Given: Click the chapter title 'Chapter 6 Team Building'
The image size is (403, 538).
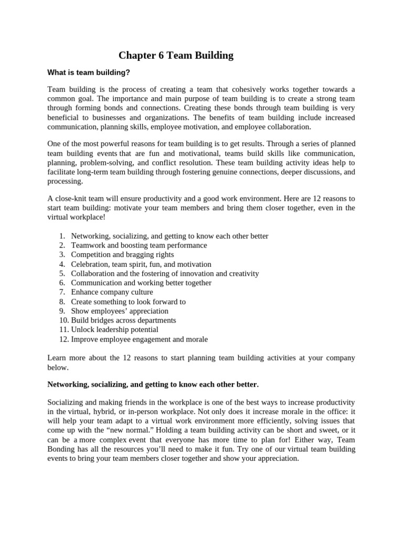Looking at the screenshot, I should tap(176, 55).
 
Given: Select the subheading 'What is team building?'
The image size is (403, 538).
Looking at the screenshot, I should tap(89, 72).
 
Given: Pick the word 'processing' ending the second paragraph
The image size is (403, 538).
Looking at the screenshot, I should tap(65, 181).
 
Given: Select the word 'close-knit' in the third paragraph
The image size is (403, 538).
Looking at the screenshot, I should tap(72, 199).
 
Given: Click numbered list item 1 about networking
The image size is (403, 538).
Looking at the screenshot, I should tap(169, 236).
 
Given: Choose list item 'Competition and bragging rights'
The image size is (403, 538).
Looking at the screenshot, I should tap(122, 255).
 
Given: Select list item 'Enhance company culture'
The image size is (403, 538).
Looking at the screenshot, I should tap(112, 292).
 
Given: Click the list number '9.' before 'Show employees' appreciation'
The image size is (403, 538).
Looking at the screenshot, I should tap(62, 311).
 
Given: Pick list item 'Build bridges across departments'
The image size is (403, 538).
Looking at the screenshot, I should tap(123, 320).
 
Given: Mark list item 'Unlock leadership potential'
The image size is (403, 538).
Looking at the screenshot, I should tap(114, 330).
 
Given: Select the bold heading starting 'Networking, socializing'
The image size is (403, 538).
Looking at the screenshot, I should tap(153, 385).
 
